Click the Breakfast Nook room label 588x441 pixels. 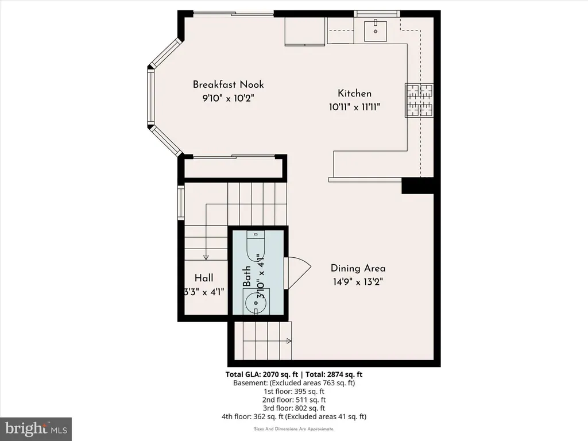[228, 84]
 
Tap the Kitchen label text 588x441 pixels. [354, 94]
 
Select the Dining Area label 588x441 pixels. [358, 268]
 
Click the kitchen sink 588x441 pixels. [376, 31]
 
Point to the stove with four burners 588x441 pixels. [419, 100]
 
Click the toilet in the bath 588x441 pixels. [256, 246]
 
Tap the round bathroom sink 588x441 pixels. [256, 303]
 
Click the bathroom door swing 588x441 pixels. [297, 273]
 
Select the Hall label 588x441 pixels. [204, 278]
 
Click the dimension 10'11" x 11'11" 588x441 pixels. [354, 107]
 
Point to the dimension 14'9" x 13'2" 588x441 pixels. [358, 281]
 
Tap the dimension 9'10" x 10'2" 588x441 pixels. [228, 98]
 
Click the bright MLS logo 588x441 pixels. [36, 429]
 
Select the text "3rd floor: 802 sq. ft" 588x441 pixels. [293, 408]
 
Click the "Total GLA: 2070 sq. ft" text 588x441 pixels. [262, 374]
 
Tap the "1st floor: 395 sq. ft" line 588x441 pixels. [294, 391]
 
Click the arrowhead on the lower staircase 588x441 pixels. [289, 341]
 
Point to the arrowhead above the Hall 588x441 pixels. [206, 257]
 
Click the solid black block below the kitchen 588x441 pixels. [417, 185]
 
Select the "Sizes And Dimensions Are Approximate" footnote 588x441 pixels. [294, 429]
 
